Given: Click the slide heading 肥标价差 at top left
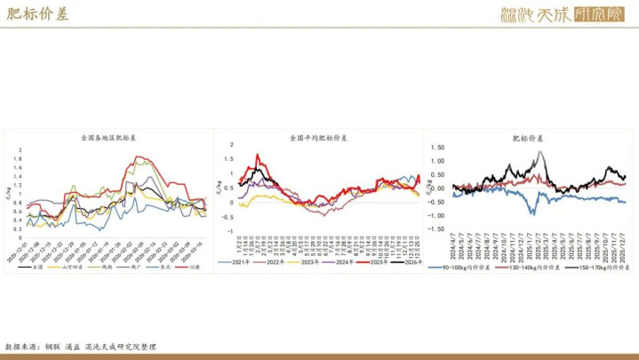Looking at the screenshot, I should [x=36, y=14].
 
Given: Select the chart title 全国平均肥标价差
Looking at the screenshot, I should [x=319, y=139].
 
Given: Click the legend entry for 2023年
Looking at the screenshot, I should [x=305, y=262].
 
